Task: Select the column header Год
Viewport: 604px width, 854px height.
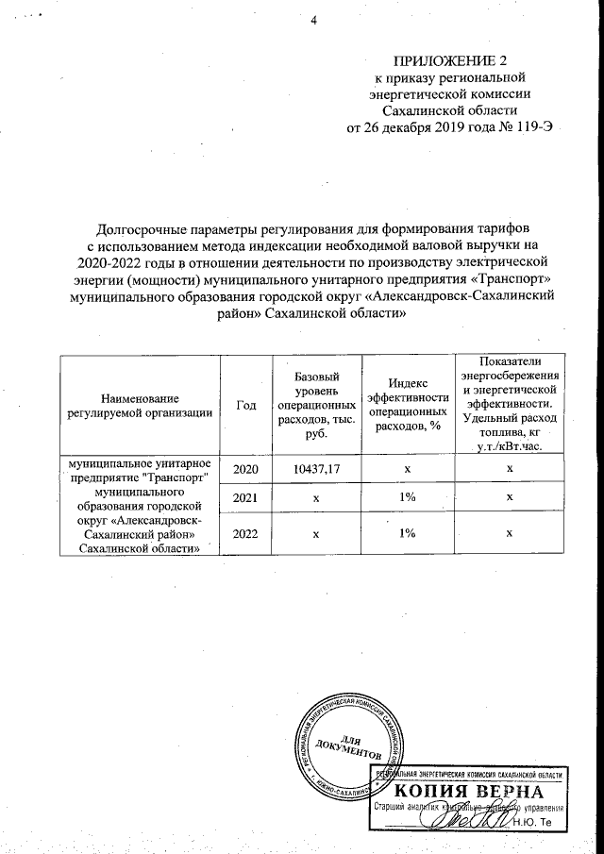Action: tap(245, 405)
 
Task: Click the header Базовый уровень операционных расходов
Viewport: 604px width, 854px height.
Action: tap(316, 404)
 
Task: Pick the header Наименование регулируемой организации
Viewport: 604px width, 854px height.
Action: tap(140, 404)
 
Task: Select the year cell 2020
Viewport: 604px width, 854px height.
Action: tap(245, 468)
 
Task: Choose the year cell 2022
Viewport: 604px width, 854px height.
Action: tap(245, 533)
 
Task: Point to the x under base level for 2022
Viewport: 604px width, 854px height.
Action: tap(316, 533)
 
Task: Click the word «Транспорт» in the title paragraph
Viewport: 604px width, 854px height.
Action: tap(510, 282)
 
